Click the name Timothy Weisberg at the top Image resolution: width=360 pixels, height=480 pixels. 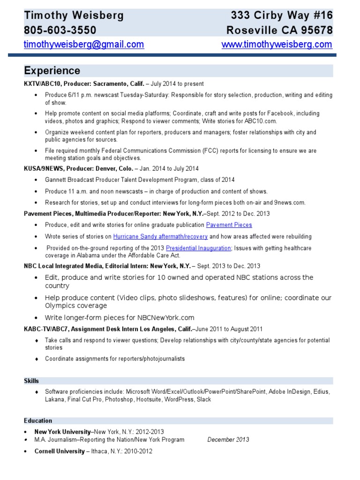[74, 15]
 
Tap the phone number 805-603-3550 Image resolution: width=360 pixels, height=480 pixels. [60, 30]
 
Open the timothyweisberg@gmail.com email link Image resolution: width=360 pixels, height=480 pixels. [84, 45]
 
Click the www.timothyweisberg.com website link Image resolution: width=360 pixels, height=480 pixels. [277, 45]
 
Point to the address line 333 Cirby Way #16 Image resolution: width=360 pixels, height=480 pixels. [282, 15]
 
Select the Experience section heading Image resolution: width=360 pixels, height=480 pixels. [52, 71]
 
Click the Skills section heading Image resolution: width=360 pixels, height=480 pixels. [31, 381]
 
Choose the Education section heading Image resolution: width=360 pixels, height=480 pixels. [38, 420]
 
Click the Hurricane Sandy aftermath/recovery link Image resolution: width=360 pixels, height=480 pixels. [160, 237]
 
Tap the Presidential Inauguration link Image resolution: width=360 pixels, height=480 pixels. [198, 248]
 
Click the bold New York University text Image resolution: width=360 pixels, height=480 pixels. [62, 431]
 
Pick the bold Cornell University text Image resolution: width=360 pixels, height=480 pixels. [59, 451]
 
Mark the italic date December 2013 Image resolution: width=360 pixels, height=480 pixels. [228, 440]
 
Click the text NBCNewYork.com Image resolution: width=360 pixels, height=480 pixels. [163, 317]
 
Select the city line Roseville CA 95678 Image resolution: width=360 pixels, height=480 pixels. [279, 30]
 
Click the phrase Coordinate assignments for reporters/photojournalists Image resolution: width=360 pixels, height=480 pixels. [115, 359]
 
